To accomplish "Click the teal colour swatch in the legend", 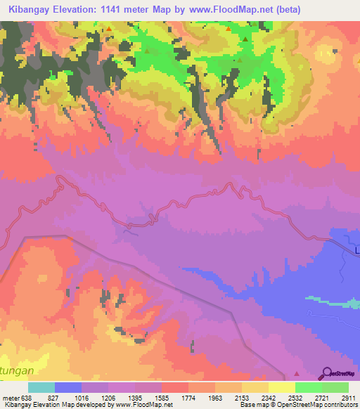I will point(41,387).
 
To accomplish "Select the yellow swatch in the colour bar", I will point(282,387).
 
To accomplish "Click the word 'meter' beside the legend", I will point(10,397).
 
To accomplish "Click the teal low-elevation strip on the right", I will point(330,301).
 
